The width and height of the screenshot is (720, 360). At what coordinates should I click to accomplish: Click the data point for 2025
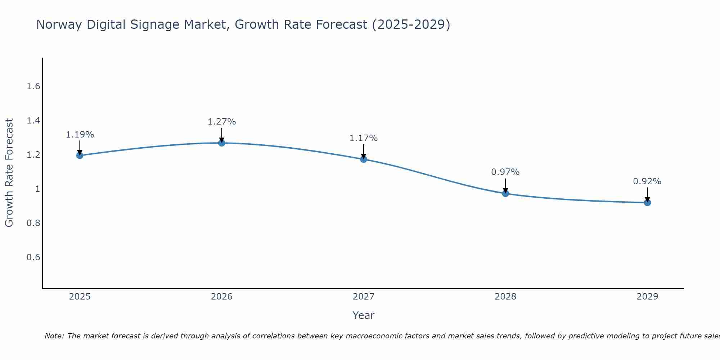pyautogui.click(x=80, y=156)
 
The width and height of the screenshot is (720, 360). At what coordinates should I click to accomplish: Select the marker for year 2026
pyautogui.click(x=221, y=143)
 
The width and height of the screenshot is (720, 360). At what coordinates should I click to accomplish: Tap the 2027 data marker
pyautogui.click(x=364, y=159)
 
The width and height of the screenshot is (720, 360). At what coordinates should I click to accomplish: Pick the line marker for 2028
pyautogui.click(x=505, y=193)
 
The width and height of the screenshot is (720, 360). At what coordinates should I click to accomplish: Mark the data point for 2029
pyautogui.click(x=647, y=203)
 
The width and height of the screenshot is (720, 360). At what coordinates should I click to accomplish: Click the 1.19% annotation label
pyautogui.click(x=80, y=135)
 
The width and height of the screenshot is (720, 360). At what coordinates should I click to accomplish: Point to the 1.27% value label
pyautogui.click(x=221, y=122)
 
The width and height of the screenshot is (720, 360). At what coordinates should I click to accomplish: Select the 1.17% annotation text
pyautogui.click(x=364, y=138)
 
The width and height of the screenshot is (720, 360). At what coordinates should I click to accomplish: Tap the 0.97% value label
pyautogui.click(x=505, y=172)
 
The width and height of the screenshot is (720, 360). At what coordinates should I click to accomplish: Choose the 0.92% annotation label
pyautogui.click(x=647, y=181)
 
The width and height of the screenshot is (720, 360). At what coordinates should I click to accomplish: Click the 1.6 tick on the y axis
pyautogui.click(x=33, y=86)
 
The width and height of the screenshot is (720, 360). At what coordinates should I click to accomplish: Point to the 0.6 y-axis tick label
pyautogui.click(x=33, y=257)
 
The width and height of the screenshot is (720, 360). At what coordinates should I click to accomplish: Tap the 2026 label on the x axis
pyautogui.click(x=221, y=297)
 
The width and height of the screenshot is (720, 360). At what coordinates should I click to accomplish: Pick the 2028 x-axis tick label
pyautogui.click(x=505, y=297)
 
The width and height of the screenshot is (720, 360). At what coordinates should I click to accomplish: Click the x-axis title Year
pyautogui.click(x=364, y=315)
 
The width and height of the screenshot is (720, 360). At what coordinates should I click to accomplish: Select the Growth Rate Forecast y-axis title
pyautogui.click(x=9, y=173)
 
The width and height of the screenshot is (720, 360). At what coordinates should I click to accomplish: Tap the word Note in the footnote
pyautogui.click(x=54, y=336)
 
